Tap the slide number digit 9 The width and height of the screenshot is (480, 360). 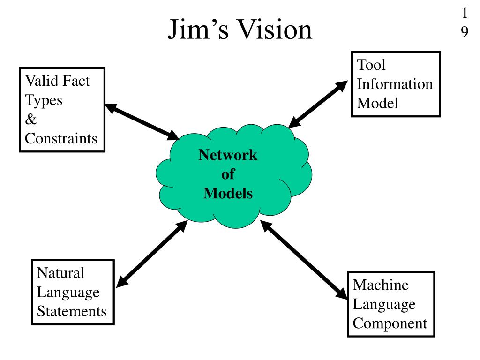pyautogui.click(x=464, y=32)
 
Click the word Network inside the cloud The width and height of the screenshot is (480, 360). pyautogui.click(x=228, y=155)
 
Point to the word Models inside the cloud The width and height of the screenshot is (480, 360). pyautogui.click(x=228, y=193)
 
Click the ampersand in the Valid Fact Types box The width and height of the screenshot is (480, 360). pyautogui.click(x=30, y=119)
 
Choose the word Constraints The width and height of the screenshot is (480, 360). pyautogui.click(x=61, y=138)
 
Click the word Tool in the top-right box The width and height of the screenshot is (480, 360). pyautogui.click(x=371, y=65)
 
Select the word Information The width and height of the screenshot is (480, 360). pyautogui.click(x=395, y=84)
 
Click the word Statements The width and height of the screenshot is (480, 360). pyautogui.click(x=72, y=311)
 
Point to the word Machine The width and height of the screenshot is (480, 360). pyautogui.click(x=381, y=285)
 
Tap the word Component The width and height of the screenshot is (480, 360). pyautogui.click(x=390, y=323)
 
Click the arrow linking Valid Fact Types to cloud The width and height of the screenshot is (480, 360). pyautogui.click(x=142, y=121)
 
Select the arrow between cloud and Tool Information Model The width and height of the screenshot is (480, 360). pyautogui.click(x=318, y=104)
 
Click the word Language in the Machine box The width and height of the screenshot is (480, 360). pyautogui.click(x=384, y=304)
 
